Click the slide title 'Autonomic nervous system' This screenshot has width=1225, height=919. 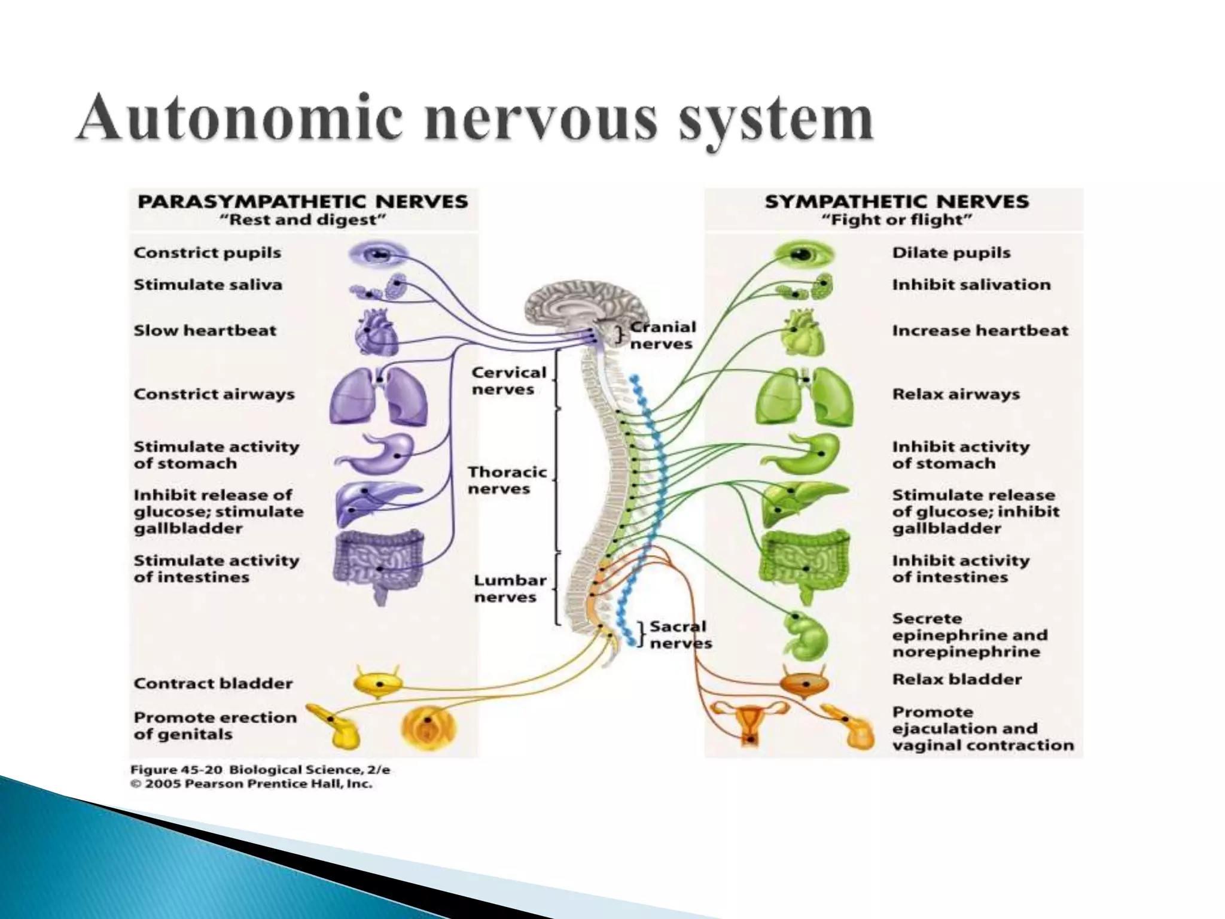point(474,120)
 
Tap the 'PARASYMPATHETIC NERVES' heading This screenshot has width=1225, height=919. point(303,201)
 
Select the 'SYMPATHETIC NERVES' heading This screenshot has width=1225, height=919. point(897,201)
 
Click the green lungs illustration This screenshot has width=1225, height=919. point(805,397)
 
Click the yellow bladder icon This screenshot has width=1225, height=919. point(377,683)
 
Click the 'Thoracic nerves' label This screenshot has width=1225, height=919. point(507,480)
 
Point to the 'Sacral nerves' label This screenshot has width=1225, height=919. point(680,635)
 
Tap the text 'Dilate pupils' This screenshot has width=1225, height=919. point(951,252)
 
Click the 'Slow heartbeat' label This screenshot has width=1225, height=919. point(205,330)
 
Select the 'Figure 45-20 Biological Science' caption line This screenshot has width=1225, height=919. point(260,769)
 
